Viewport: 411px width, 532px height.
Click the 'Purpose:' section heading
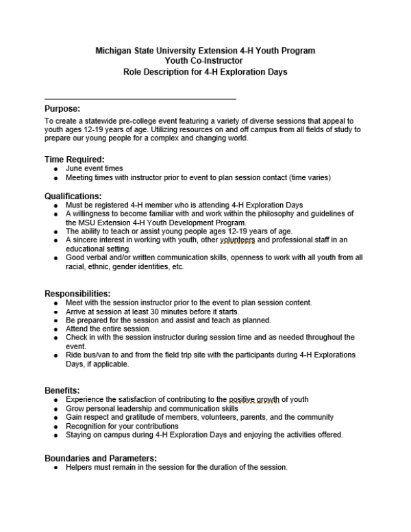62,109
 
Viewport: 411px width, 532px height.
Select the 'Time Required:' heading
75,160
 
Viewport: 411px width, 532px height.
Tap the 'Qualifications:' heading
73,196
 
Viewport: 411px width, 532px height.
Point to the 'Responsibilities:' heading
77,294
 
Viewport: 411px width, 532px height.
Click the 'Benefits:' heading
62,390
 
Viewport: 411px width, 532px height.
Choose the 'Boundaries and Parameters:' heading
101,458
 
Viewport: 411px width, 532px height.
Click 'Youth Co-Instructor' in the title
206,61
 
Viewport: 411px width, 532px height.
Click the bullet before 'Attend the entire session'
55,329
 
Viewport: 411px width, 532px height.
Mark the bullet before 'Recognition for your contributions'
55,427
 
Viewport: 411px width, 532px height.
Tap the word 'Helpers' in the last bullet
80,468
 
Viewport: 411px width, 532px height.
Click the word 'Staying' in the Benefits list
79,435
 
